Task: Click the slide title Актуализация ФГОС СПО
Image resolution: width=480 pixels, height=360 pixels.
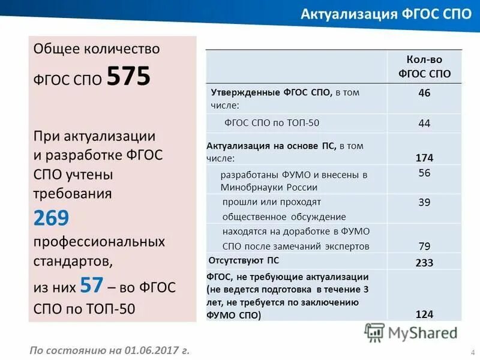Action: click(x=386, y=14)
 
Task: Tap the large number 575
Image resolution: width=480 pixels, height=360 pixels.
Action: click(x=128, y=77)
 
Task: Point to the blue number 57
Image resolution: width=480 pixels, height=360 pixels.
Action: click(x=92, y=285)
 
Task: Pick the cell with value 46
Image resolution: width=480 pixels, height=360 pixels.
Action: click(x=424, y=93)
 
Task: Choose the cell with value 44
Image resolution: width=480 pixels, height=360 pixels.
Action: click(x=424, y=123)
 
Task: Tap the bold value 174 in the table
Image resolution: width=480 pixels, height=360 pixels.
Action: click(x=424, y=158)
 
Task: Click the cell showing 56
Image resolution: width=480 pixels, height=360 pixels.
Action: click(x=424, y=173)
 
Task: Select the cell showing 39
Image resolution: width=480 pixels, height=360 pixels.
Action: click(x=424, y=203)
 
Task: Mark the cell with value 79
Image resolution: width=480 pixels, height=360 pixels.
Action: click(x=424, y=246)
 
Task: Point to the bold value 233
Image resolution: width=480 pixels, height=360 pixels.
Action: click(x=424, y=263)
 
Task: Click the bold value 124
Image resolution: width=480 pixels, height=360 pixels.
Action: click(x=424, y=314)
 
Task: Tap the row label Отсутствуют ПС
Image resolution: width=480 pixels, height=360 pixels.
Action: click(x=244, y=261)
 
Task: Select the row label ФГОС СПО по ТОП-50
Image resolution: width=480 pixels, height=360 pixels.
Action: click(x=272, y=123)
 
